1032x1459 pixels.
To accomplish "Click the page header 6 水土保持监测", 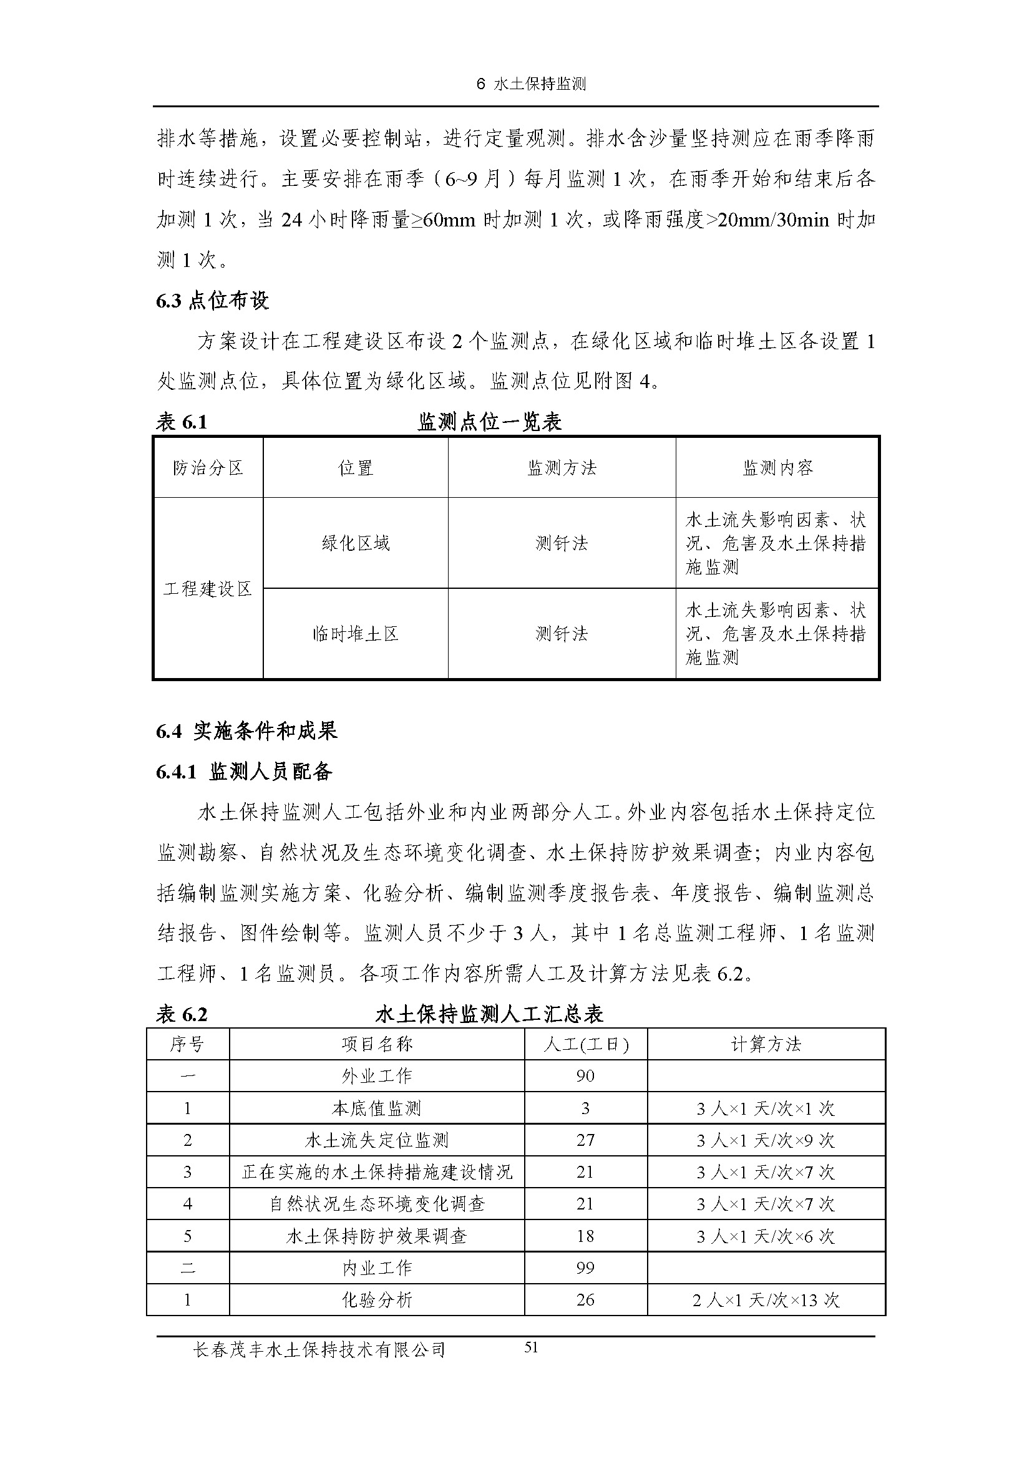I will [x=531, y=84].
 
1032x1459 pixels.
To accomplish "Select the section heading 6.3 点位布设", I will [x=212, y=301].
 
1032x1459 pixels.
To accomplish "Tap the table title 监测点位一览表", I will [x=489, y=422].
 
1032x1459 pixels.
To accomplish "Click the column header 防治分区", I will [x=208, y=468].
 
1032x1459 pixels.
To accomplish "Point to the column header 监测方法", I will [x=562, y=468].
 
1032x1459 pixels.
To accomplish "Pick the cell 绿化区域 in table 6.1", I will [x=355, y=543].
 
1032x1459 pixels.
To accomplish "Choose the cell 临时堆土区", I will [x=355, y=634].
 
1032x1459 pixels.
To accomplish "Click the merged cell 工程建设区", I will [x=208, y=589].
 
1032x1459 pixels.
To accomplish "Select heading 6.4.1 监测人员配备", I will [x=244, y=772].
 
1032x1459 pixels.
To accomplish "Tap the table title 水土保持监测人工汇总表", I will [x=489, y=1014].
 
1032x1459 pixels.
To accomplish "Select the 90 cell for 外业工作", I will [x=585, y=1076].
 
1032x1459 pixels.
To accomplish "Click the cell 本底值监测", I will [x=376, y=1109].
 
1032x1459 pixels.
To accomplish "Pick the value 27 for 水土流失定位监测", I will [x=585, y=1140].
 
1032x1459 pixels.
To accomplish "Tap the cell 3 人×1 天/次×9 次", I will [x=766, y=1140].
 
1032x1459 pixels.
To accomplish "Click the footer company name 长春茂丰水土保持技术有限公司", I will [x=319, y=1350].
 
